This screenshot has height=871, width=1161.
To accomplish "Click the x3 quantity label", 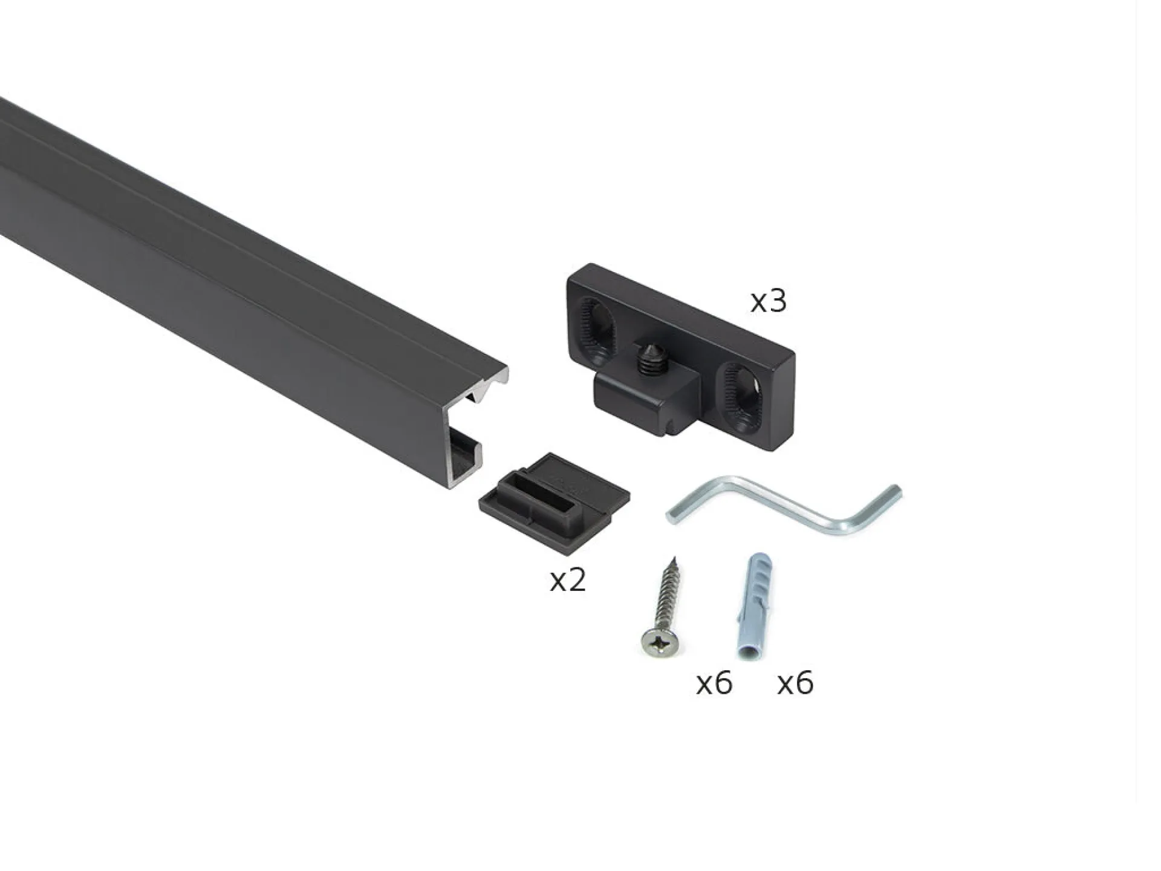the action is (768, 301).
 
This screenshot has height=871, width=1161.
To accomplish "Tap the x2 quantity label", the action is (568, 580).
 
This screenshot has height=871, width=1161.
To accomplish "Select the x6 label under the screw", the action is (714, 683).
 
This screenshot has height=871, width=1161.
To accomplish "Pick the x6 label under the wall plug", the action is (795, 683).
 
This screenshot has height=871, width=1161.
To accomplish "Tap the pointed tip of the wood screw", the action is (672, 558).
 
